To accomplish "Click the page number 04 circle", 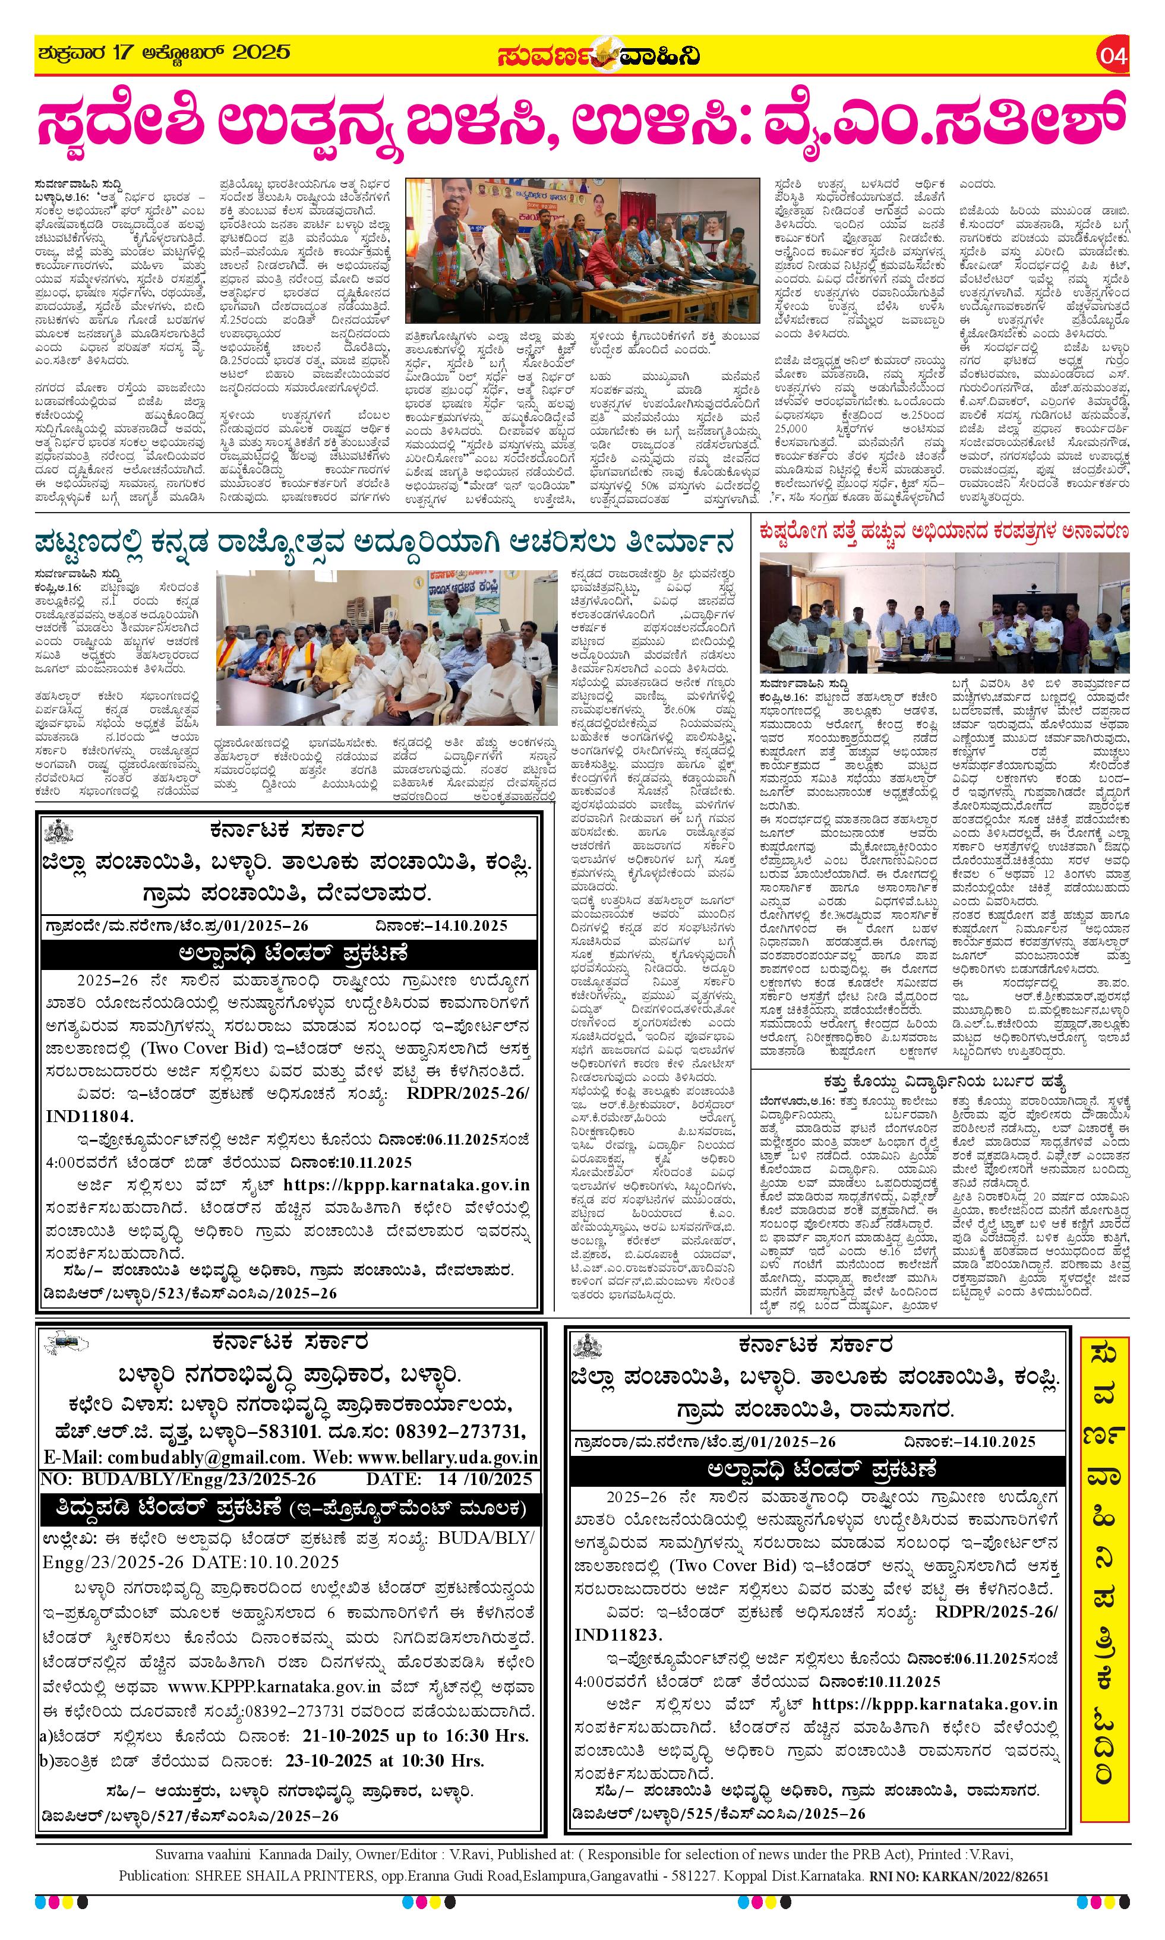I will [1113, 57].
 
